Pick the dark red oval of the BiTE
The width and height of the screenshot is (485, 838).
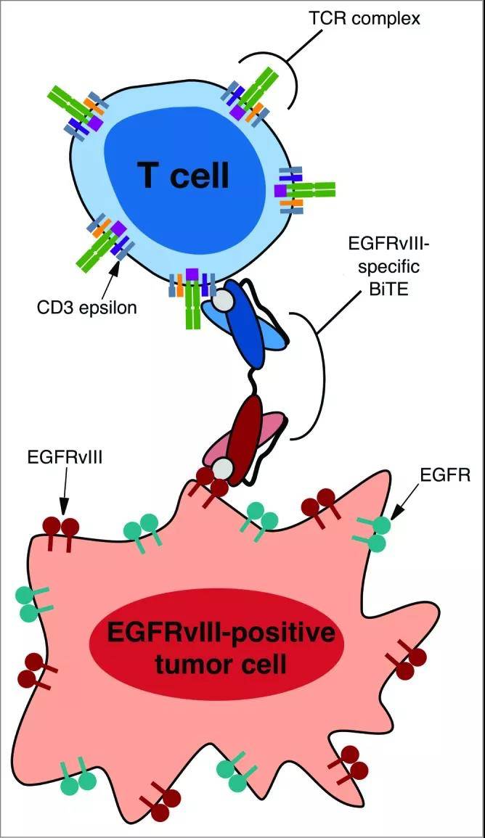pos(250,427)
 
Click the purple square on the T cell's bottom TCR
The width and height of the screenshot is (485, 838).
pos(192,274)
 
